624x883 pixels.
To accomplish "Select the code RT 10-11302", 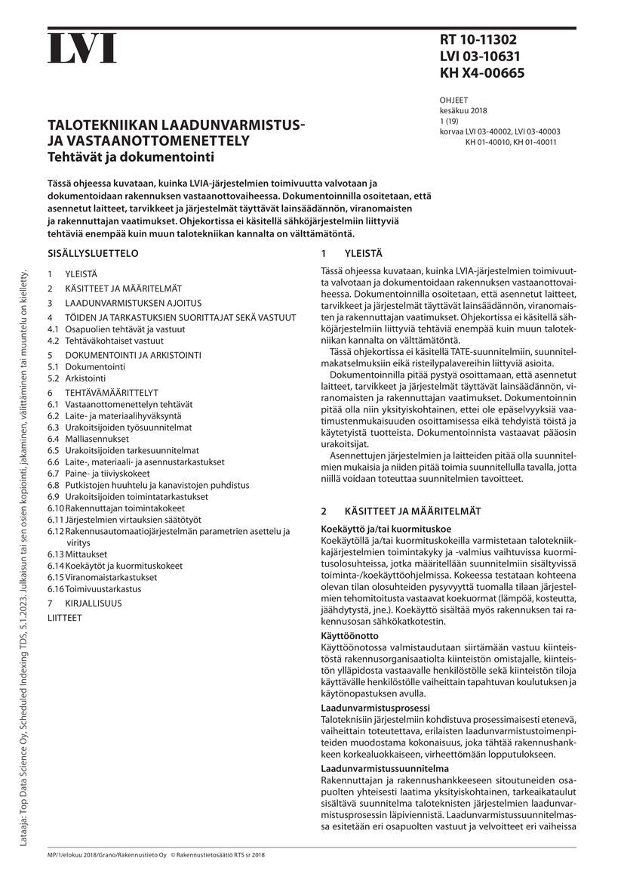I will pos(478,40).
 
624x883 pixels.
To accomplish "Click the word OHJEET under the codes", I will pos(453,99).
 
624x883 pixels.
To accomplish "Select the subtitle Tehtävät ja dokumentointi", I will pos(131,157).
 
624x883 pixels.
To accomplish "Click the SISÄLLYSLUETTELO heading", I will pos(93,254).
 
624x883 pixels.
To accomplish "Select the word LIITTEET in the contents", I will pos(65,617).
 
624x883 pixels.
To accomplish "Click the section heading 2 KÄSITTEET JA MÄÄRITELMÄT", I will pos(400,511).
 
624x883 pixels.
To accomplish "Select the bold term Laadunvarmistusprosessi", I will pos(375,708).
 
